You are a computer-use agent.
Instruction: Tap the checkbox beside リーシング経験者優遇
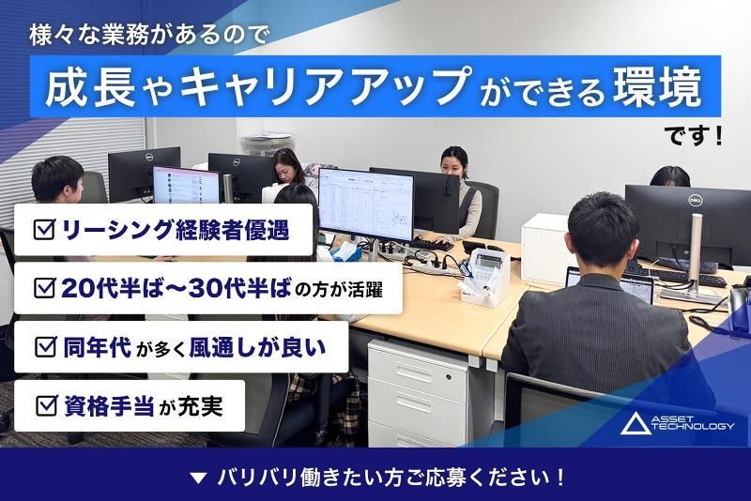43,228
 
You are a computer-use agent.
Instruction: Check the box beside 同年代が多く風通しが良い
44,348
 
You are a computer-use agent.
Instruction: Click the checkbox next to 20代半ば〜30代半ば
43,288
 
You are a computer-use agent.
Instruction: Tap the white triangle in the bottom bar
197,477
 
